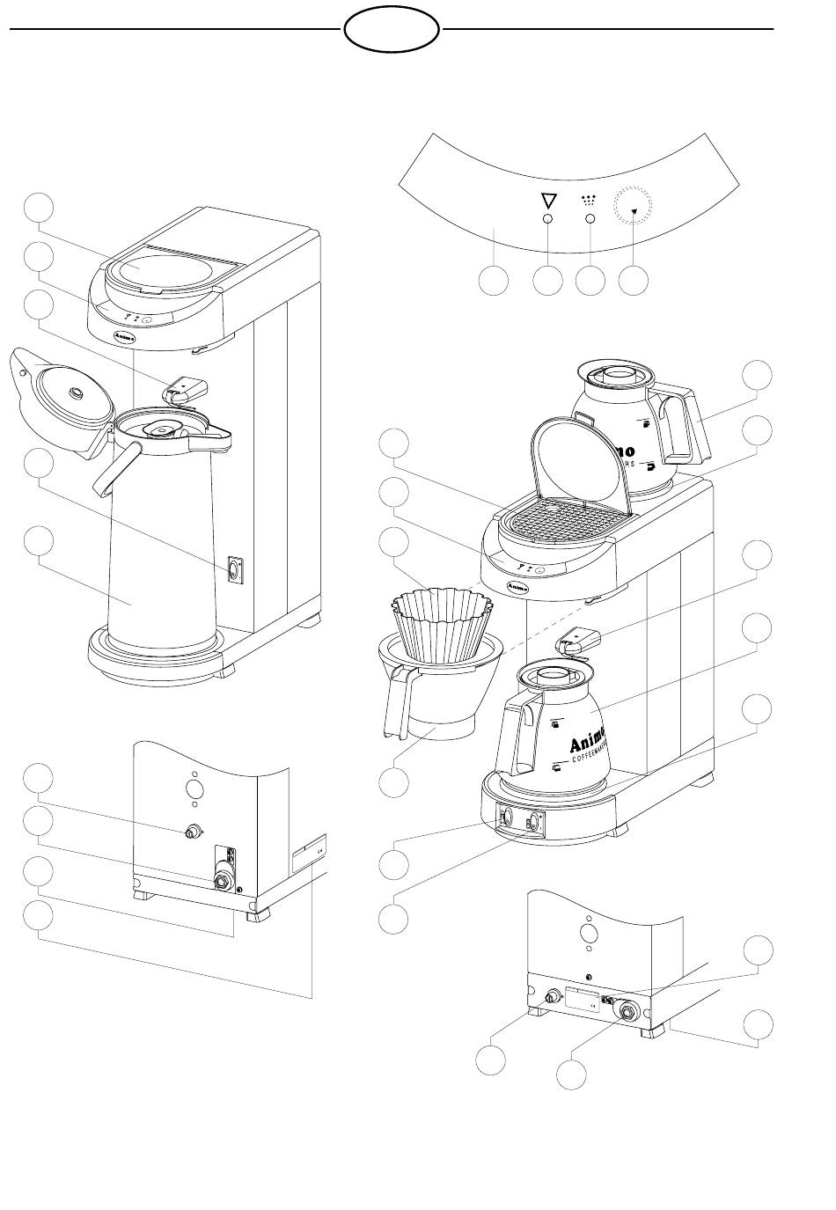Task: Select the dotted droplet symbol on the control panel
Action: pos(590,200)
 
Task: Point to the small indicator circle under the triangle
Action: pos(548,219)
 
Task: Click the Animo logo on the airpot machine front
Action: pos(124,334)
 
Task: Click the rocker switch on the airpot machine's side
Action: pos(234,569)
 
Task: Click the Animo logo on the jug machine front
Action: pos(517,584)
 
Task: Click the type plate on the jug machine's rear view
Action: pos(581,1001)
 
